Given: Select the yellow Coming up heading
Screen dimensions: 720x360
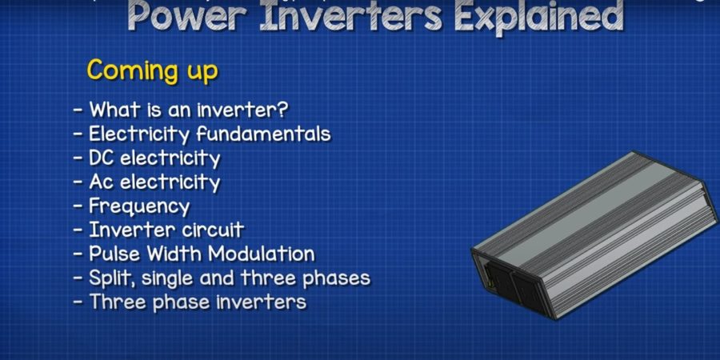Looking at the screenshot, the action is click(153, 71).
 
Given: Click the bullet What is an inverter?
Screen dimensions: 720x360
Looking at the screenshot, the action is click(181, 110).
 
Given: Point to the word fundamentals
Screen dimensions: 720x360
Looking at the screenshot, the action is click(263, 134).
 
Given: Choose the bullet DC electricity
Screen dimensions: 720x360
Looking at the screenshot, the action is click(147, 158).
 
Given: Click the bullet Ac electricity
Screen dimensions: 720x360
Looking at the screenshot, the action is click(147, 182).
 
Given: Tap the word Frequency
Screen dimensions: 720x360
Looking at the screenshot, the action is click(139, 206).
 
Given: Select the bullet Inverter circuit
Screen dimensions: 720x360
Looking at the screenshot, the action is click(158, 230).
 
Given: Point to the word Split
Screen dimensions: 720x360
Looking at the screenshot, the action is click(111, 278).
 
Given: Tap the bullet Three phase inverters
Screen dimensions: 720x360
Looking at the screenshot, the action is click(190, 302).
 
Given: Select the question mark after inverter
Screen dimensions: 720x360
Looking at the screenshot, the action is click(283, 110).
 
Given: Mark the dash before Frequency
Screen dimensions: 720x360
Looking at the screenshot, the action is click(78, 206).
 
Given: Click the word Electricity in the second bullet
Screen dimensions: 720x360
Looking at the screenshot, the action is click(139, 134).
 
